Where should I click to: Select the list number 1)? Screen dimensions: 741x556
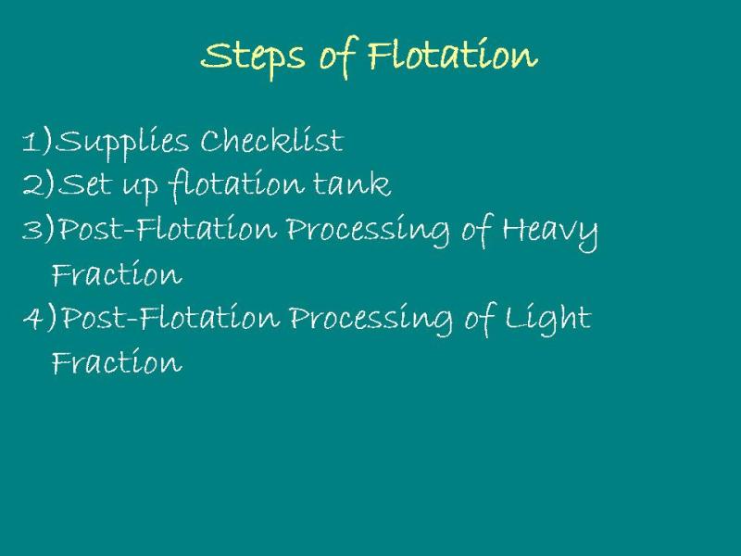(x=37, y=141)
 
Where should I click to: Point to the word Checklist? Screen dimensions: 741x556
(x=271, y=141)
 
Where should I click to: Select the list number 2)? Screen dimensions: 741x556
(x=38, y=183)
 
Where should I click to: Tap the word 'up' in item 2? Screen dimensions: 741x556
(x=140, y=188)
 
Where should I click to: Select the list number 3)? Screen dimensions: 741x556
(x=38, y=228)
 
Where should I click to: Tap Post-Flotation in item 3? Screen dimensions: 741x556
(x=167, y=228)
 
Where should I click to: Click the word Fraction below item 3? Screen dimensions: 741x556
(x=117, y=272)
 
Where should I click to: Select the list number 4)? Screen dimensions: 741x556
(x=39, y=317)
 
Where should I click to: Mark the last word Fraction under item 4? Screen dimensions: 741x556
(x=117, y=361)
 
